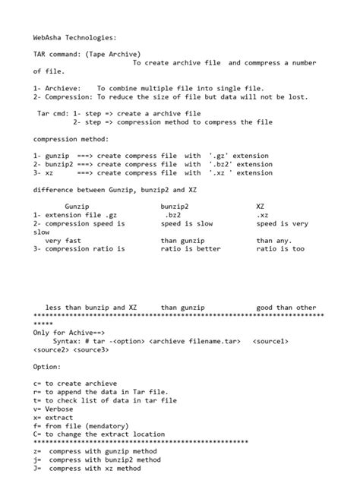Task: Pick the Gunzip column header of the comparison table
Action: (x=77, y=206)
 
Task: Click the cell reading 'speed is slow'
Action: (x=187, y=223)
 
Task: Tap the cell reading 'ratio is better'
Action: (x=191, y=248)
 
